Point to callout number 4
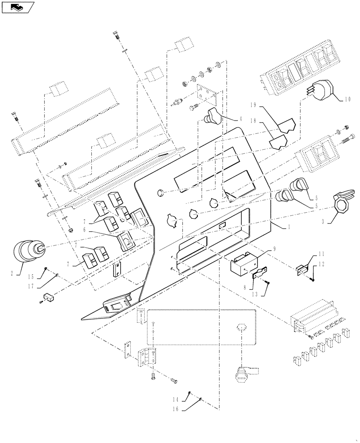coord(240,119)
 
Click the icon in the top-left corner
coord(17,7)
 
